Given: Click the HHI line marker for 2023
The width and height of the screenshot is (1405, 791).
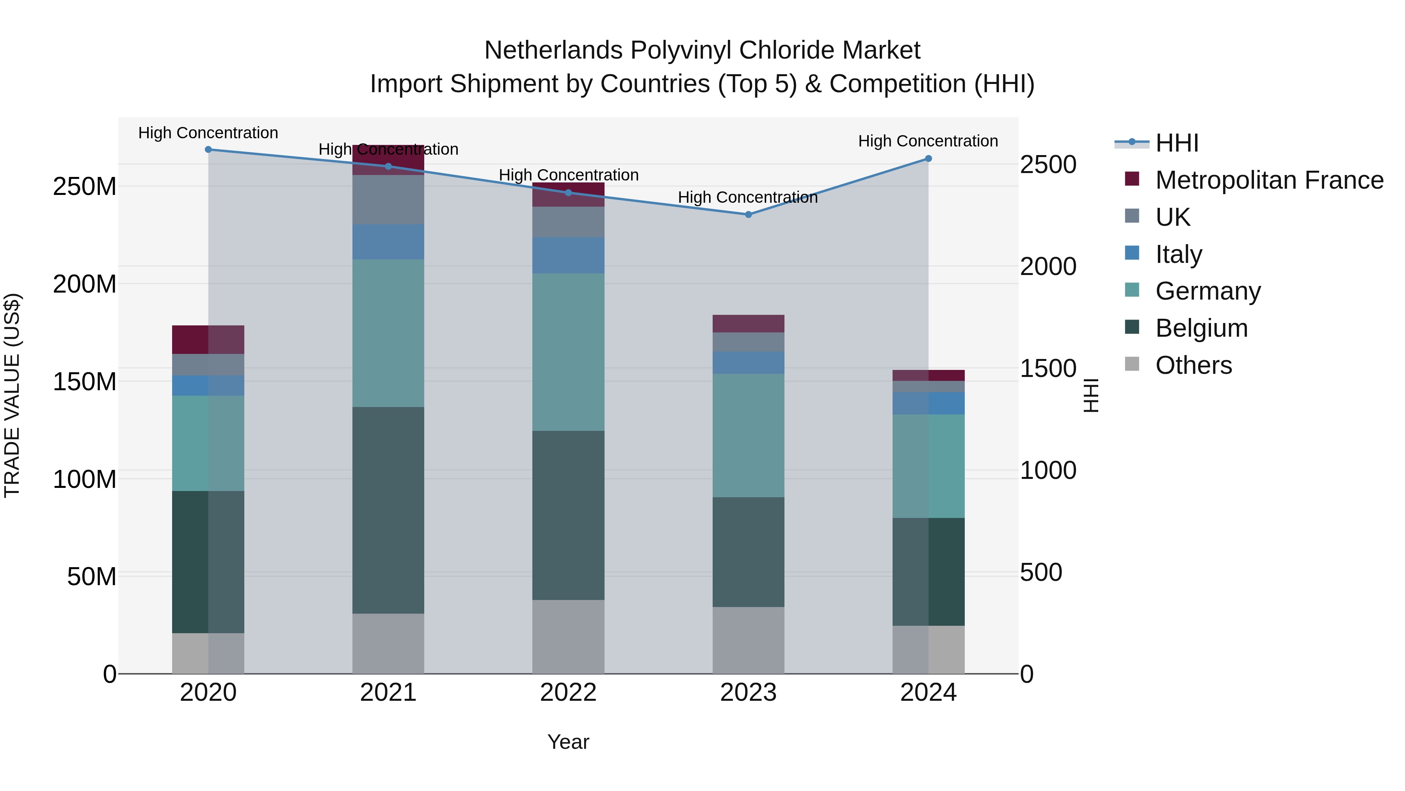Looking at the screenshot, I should coord(748,214).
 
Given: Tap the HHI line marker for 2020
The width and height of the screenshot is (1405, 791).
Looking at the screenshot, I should coord(208,150).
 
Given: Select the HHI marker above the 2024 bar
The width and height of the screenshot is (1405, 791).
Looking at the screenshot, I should coord(928,159).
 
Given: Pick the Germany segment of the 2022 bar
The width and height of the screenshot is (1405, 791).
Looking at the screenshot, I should coord(568,352).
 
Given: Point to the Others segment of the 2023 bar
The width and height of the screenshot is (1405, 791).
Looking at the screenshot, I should coord(748,640).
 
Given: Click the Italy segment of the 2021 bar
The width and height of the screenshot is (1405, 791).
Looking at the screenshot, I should coord(388,242).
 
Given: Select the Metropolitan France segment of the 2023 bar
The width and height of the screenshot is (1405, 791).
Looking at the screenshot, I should coord(748,324).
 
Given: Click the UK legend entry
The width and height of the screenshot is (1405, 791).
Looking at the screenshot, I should coord(1173,217).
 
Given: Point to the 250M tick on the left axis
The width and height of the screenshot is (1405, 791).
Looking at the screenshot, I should coord(85,187).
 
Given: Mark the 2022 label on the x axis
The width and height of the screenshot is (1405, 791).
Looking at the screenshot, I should coord(568,692).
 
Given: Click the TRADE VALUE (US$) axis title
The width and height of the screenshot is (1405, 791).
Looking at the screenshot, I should coord(12,395).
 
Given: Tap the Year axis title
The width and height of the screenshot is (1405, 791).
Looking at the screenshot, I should coord(568,742).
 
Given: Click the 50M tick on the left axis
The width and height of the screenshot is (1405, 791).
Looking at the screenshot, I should coord(92,577).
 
